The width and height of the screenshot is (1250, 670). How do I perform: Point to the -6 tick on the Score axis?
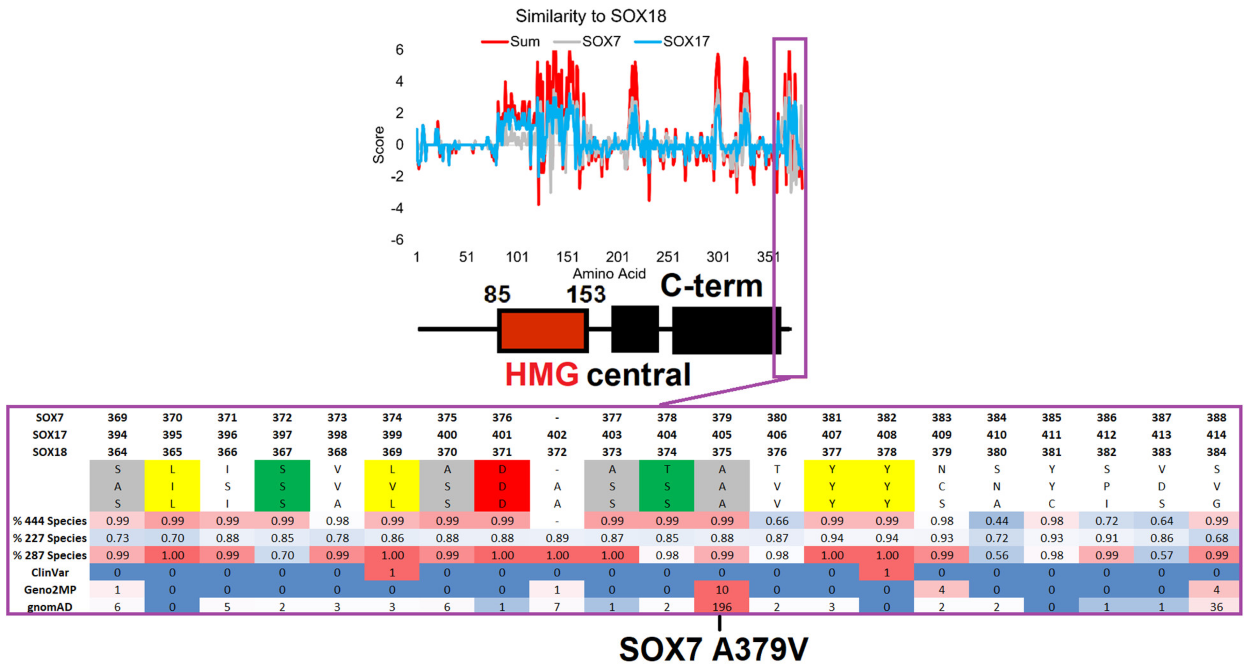click(398, 240)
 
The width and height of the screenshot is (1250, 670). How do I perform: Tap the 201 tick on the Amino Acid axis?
click(617, 257)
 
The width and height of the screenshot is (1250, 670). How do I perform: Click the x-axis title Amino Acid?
click(609, 274)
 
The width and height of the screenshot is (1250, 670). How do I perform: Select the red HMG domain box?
click(542, 330)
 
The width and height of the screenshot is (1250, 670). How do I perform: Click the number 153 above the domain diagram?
click(586, 294)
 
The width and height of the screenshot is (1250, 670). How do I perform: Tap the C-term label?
click(711, 286)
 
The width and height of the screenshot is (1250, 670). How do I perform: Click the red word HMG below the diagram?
click(542, 375)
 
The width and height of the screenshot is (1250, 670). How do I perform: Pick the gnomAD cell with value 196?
click(722, 607)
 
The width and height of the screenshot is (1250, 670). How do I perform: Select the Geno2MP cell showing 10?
click(722, 589)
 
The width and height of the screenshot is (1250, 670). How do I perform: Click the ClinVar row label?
click(50, 573)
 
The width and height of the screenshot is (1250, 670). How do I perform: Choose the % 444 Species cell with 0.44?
click(996, 521)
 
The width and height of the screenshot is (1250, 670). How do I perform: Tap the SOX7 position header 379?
click(722, 418)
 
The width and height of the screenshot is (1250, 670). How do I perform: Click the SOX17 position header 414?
click(1216, 435)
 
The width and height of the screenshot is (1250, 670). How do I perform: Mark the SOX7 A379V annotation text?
click(713, 649)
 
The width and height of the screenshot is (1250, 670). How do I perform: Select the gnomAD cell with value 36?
click(1216, 607)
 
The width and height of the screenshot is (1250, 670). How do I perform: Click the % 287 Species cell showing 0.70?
click(282, 555)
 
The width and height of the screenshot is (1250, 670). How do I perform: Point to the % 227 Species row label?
click(50, 538)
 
